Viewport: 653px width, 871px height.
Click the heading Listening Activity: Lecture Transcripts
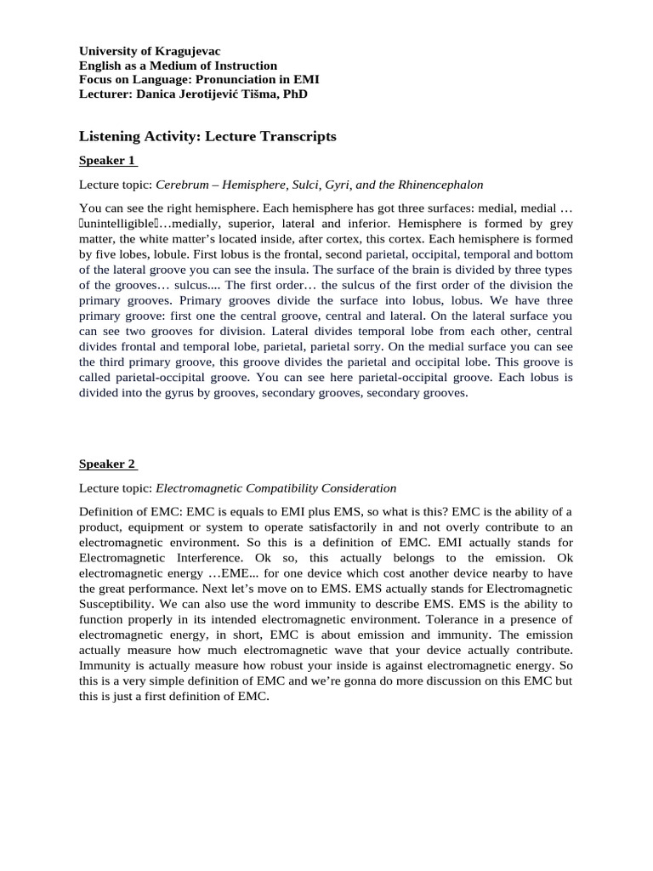(x=207, y=136)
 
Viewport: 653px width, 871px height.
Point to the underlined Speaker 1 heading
(x=107, y=160)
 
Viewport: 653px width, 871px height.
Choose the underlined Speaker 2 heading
(x=107, y=464)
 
